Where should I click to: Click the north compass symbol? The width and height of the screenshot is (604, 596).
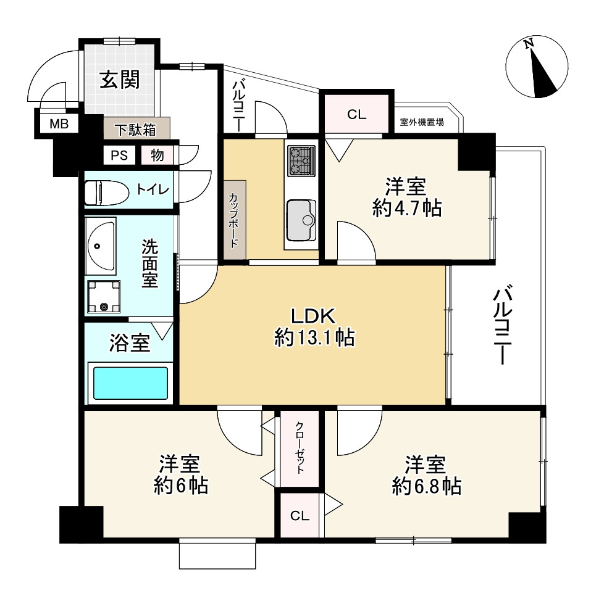click(x=536, y=67)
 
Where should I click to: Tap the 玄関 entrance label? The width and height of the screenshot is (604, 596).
click(x=120, y=80)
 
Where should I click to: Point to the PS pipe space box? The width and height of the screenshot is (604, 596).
click(x=119, y=155)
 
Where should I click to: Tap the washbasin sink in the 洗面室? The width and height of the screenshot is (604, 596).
click(x=100, y=246)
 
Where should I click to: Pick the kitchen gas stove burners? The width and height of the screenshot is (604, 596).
click(x=300, y=159)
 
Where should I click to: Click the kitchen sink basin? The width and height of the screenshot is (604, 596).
click(x=301, y=221)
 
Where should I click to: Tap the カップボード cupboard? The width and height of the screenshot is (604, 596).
click(x=235, y=220)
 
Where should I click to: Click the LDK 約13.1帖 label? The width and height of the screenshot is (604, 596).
click(x=313, y=327)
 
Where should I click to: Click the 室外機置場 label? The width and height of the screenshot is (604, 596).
click(x=422, y=122)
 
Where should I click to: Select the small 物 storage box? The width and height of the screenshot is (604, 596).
click(x=157, y=155)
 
